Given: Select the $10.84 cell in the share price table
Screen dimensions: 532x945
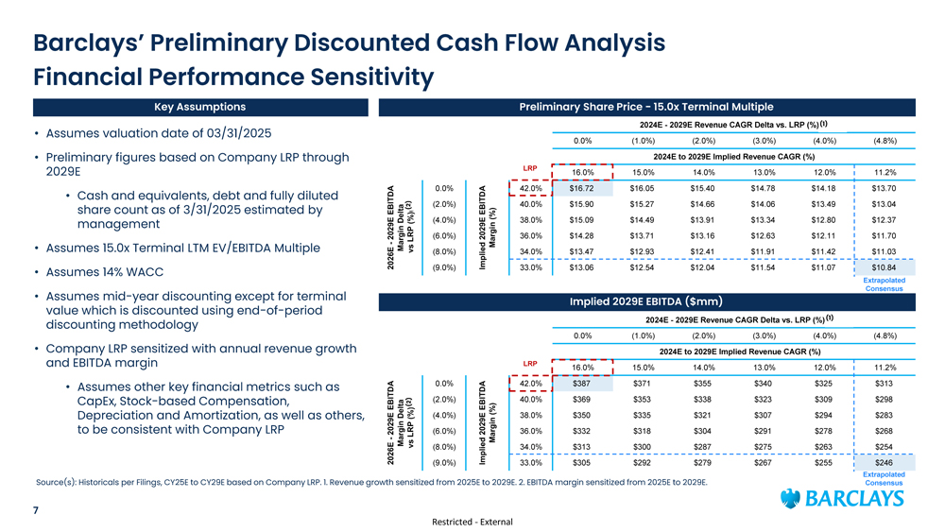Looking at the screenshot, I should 885,267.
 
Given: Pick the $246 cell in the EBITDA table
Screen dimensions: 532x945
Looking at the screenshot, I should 885,463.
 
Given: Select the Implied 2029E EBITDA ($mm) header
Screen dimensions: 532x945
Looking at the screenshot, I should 645,302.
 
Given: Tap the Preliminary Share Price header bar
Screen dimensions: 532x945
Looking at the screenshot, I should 645,107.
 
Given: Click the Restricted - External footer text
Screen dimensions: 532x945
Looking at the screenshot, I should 472,521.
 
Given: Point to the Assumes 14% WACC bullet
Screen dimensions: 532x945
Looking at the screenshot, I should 106,274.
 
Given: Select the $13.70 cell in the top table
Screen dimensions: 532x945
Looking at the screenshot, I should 885,188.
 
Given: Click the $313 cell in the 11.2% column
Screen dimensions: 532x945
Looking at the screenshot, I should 885,384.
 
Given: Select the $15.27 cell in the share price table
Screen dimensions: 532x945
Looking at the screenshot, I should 643,204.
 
